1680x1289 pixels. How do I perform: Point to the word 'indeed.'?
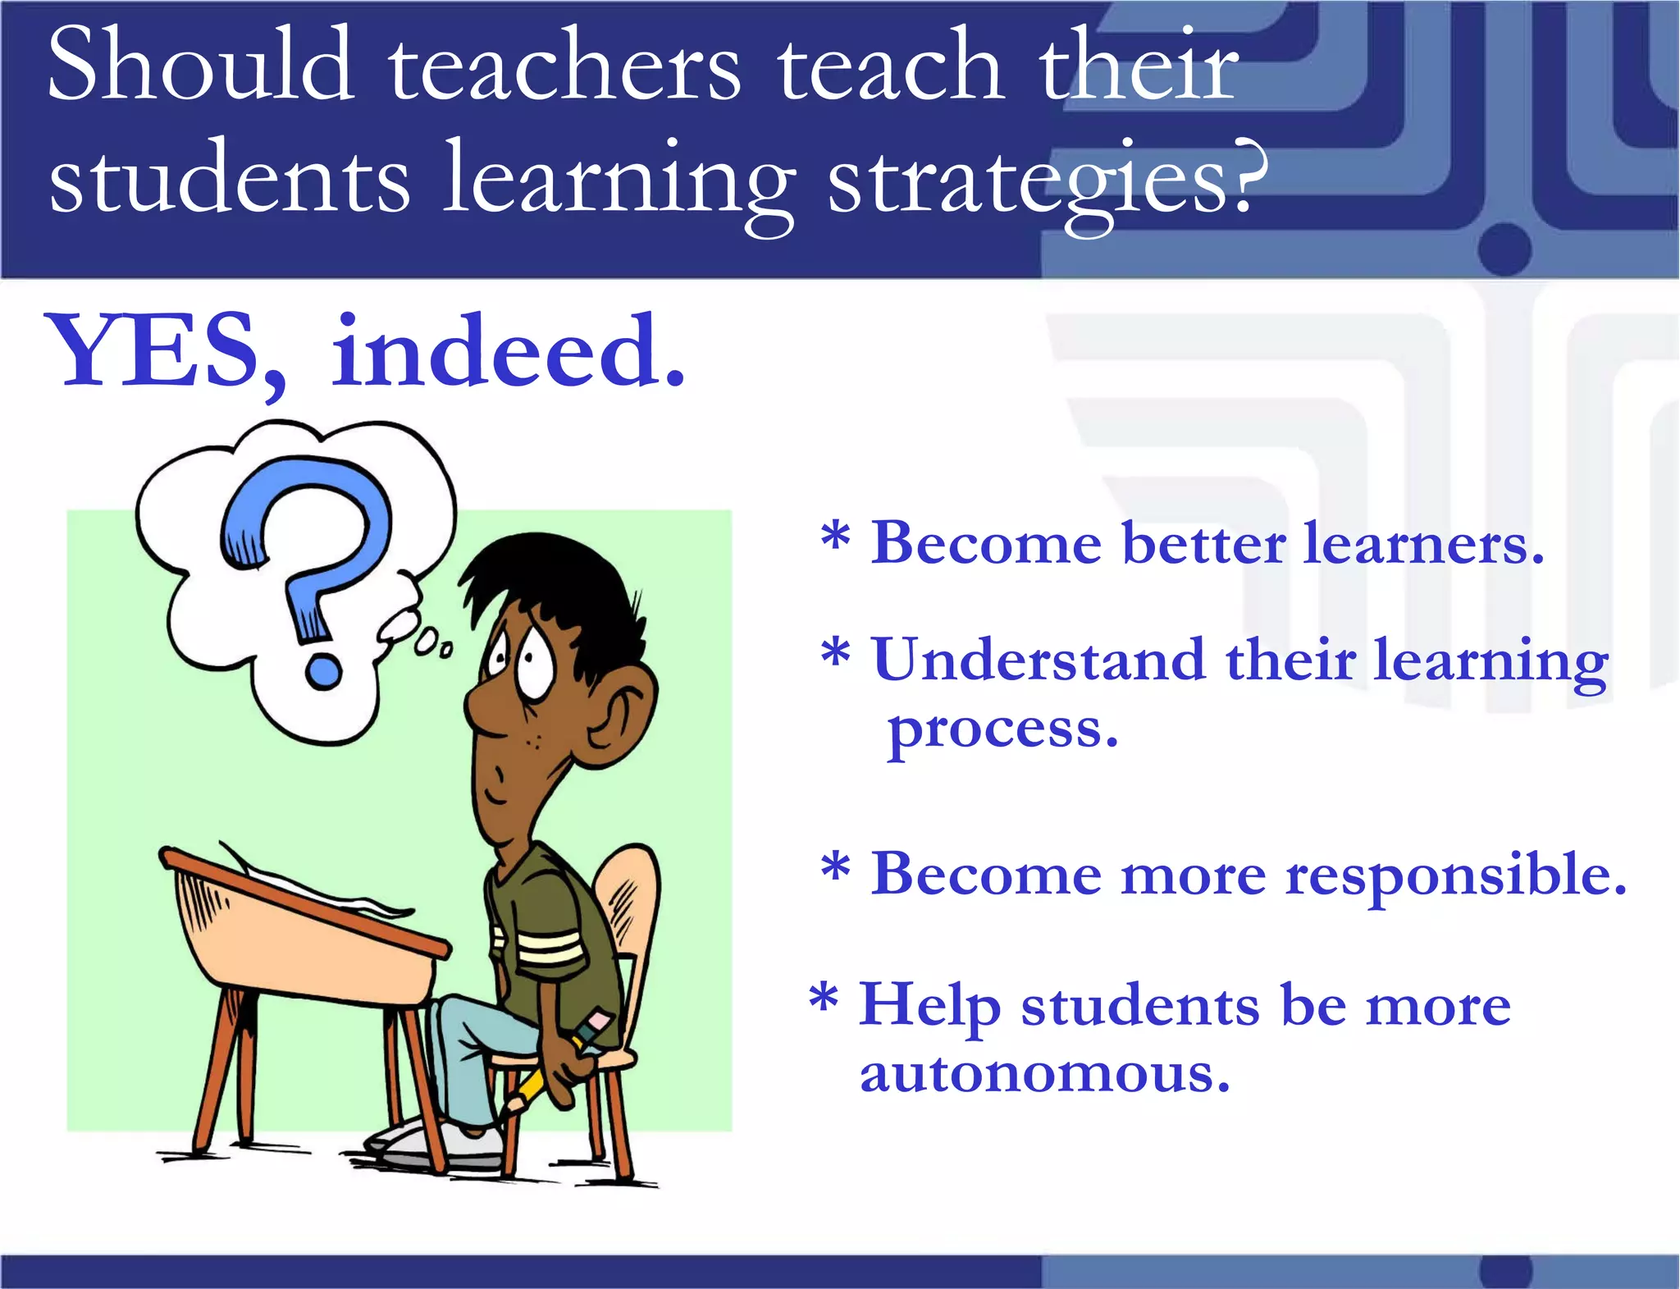[x=509, y=353]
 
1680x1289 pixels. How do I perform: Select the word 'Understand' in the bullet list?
[x=1039, y=660]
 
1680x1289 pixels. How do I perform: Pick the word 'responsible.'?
[x=1455, y=875]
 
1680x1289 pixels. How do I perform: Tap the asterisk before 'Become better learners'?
[x=835, y=537]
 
